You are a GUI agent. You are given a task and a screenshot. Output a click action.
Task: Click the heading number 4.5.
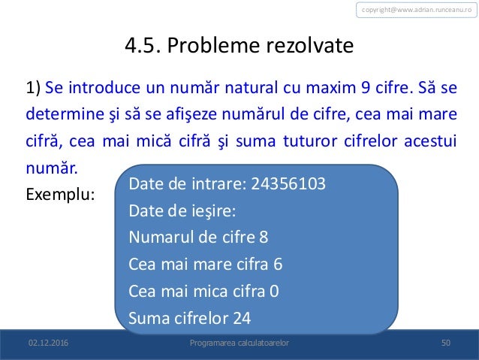click(142, 47)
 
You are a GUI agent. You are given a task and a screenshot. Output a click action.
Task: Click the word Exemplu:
click(60, 193)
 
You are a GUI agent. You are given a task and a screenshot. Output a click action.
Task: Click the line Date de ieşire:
click(182, 211)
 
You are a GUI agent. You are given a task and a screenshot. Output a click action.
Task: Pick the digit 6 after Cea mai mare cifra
click(279, 265)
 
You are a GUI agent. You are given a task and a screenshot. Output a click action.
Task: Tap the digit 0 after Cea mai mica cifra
click(273, 291)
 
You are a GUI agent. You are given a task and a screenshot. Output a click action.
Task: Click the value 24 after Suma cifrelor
click(242, 318)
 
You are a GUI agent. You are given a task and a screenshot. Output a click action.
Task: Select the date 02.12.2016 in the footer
click(47, 343)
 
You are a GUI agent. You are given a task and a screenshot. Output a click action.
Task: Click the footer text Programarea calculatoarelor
click(239, 343)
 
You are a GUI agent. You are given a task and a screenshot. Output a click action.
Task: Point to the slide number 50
click(445, 343)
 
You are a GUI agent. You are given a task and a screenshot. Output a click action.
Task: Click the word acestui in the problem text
click(429, 142)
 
